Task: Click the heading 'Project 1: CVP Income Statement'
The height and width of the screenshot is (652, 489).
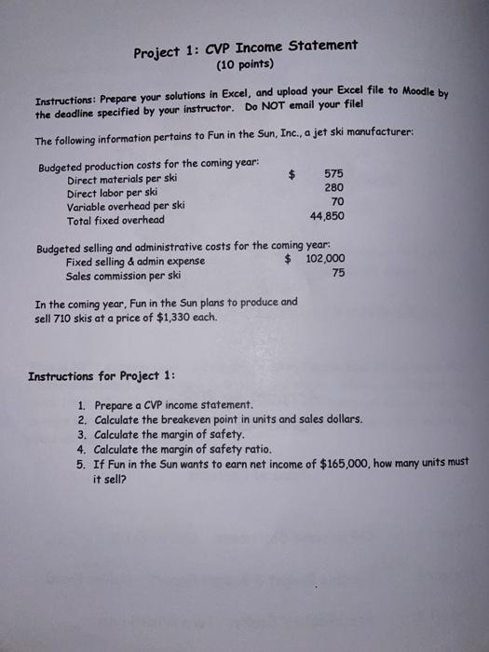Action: pyautogui.click(x=245, y=48)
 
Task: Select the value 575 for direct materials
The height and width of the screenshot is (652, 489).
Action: pyautogui.click(x=332, y=173)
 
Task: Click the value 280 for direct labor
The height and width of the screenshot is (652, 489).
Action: pyautogui.click(x=333, y=187)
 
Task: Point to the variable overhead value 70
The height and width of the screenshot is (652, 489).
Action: pyautogui.click(x=337, y=201)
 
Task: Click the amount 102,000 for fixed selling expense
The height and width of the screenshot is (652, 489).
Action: pyautogui.click(x=325, y=260)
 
